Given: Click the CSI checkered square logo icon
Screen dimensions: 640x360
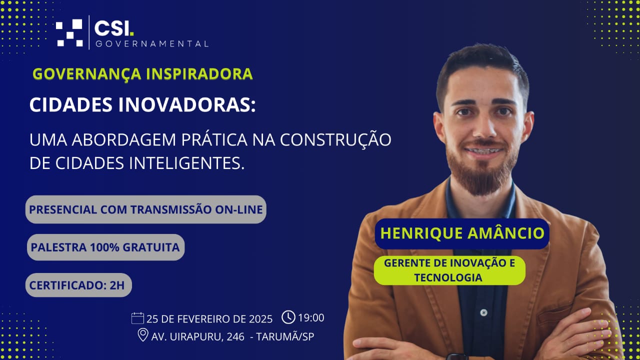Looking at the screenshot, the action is coord(69,32).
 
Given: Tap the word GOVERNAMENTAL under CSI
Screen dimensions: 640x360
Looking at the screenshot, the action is coord(152,44).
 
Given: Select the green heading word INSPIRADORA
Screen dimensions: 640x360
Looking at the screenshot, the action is coord(199,73).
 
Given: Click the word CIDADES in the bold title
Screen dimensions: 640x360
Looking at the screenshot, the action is coord(71,105).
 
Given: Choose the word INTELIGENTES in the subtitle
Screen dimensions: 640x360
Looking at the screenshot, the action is coord(187,163).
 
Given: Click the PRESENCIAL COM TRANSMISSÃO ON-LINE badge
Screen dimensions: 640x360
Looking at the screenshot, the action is coord(145,209).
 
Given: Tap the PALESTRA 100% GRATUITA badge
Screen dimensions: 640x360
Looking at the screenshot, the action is coord(105,247).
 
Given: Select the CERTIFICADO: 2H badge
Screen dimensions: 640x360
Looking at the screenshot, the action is coord(78,285).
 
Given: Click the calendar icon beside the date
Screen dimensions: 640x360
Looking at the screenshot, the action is coord(137,318).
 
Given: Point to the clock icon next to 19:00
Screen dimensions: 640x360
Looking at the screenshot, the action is coord(288,317).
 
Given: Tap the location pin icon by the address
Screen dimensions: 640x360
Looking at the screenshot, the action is coord(143,334).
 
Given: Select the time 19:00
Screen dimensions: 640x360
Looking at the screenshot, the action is coord(311,317).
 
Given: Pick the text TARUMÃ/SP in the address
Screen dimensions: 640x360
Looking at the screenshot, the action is coord(285,336).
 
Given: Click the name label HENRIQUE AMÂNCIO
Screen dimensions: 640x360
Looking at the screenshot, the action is coord(462,233).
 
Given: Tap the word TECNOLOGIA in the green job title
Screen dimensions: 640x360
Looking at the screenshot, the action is coord(448,277).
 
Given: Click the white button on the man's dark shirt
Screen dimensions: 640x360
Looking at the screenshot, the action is coord(483,312).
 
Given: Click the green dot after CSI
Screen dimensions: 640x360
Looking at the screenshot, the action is coord(131,33).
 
